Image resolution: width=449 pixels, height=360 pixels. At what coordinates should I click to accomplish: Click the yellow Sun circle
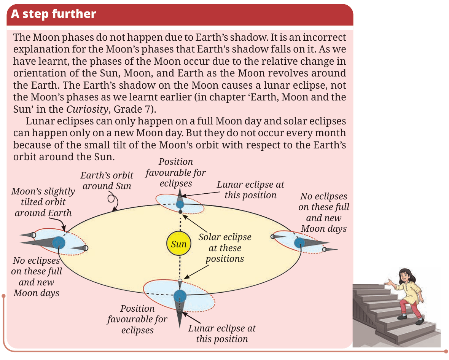click(179, 244)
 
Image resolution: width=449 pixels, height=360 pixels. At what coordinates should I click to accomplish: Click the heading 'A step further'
click(54, 14)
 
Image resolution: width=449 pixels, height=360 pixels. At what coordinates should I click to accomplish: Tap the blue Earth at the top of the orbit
click(180, 204)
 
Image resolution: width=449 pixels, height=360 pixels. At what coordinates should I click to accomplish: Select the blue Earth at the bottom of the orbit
click(180, 296)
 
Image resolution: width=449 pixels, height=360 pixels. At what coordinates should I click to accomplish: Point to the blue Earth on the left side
click(59, 243)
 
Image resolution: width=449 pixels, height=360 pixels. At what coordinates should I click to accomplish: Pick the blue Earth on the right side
click(299, 243)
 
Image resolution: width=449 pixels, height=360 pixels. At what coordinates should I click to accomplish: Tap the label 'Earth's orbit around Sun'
click(107, 180)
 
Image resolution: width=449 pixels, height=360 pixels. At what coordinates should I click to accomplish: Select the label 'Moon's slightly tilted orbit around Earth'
click(43, 202)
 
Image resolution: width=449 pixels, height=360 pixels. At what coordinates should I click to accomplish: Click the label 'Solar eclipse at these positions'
click(225, 248)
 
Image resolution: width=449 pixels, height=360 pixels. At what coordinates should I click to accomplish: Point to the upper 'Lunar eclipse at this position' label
click(250, 190)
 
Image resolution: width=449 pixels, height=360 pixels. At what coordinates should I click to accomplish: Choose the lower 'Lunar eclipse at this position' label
click(222, 333)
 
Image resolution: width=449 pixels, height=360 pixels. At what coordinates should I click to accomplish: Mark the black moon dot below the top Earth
click(180, 212)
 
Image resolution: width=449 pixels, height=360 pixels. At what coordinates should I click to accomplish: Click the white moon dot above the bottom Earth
click(180, 281)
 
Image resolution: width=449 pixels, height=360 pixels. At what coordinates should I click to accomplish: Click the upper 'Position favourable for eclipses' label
click(175, 172)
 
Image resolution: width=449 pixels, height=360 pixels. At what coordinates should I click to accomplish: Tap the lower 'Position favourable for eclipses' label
click(137, 319)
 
